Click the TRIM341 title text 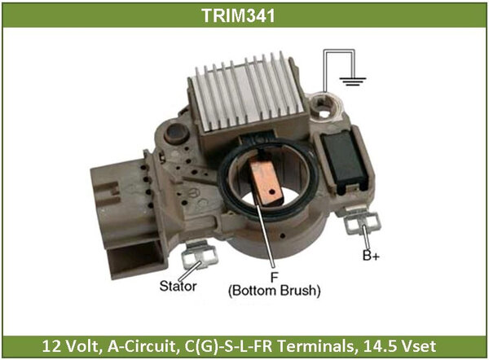(238, 15)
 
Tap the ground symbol (353, 81)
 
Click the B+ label (371, 256)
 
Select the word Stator (178, 286)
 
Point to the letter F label (274, 277)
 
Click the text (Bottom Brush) (275, 291)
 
